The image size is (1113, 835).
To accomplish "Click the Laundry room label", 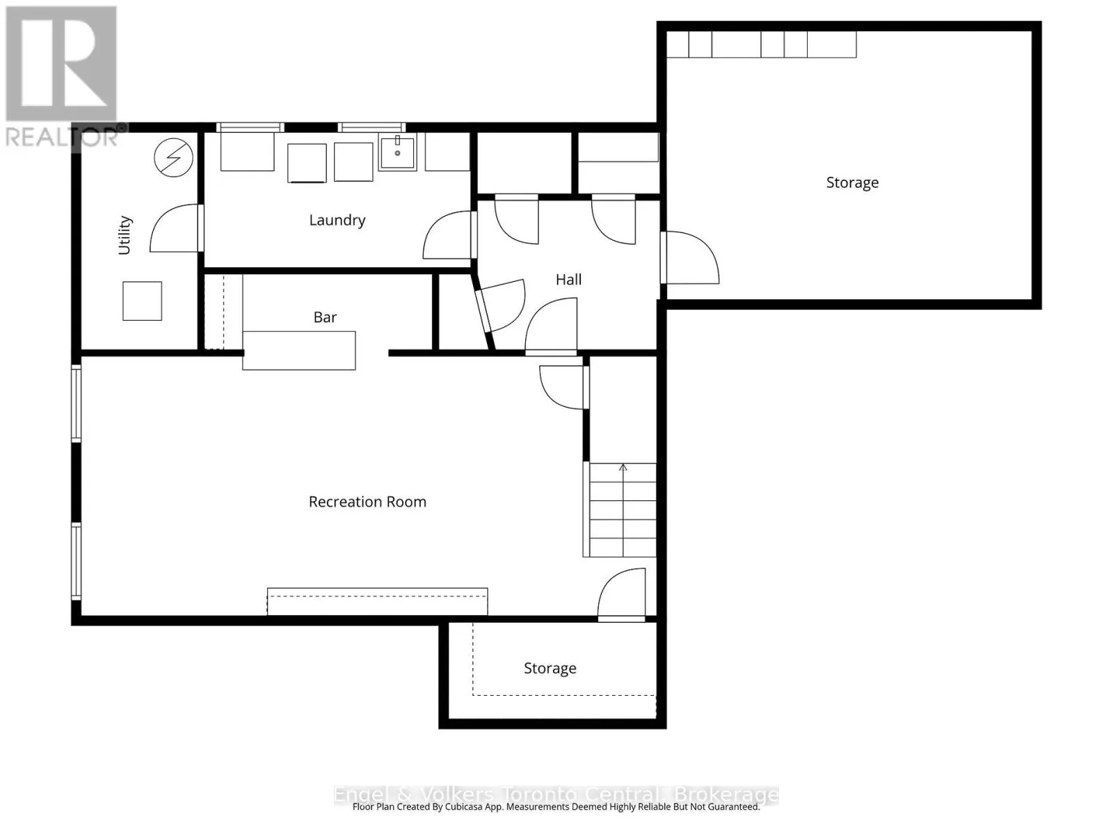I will click(337, 221).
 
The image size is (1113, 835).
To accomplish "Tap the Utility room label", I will click(125, 235).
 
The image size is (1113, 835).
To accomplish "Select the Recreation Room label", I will click(367, 502).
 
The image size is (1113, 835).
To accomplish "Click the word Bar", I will click(325, 317).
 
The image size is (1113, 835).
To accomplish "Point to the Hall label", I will click(568, 280).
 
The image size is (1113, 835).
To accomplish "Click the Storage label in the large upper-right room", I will click(852, 182).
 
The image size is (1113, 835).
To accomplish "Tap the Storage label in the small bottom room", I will click(550, 668).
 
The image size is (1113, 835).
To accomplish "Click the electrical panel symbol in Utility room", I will click(173, 157).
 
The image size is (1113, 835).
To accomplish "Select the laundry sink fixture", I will click(397, 152).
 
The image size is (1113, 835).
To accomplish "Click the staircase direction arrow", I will click(623, 468).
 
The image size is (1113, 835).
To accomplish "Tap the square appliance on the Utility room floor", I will click(142, 301).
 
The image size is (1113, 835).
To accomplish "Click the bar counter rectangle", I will click(299, 350).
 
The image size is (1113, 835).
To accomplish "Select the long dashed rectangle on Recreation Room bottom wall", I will click(377, 601).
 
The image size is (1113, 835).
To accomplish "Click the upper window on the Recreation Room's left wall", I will click(77, 403).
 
